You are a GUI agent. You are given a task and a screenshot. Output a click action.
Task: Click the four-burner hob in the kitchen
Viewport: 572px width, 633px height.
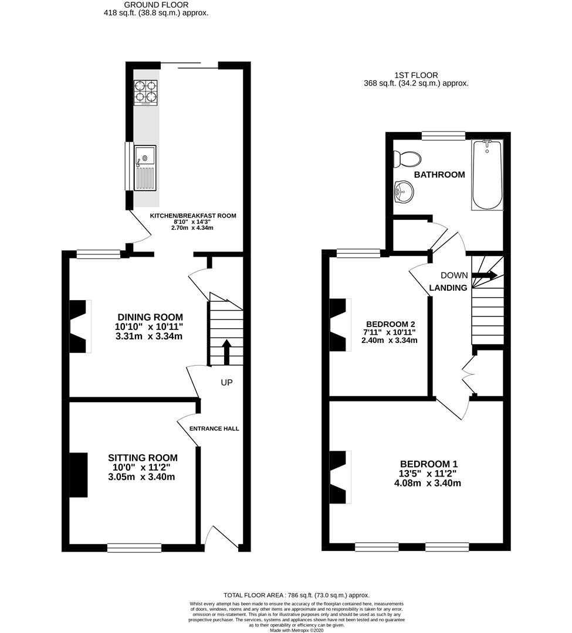145,93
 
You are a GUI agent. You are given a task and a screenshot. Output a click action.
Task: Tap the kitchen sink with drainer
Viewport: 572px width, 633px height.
145,168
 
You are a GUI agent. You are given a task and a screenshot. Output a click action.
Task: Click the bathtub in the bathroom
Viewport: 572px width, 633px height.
488,175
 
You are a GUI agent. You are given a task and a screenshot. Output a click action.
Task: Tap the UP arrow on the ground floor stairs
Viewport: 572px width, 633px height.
226,352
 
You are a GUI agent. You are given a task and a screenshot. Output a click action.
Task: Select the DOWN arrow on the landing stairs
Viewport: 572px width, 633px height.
485,275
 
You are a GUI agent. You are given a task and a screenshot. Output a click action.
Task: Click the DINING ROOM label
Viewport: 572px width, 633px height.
150,317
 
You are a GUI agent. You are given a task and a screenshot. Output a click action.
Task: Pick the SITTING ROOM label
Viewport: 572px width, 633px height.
143,458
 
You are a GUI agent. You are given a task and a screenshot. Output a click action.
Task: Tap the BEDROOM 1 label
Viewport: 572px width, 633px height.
429,464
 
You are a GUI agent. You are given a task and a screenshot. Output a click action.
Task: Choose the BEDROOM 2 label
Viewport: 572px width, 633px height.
390,324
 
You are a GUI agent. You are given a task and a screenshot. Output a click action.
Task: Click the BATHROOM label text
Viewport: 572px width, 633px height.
439,175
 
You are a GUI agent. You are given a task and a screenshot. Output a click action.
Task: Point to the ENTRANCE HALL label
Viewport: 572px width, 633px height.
214,428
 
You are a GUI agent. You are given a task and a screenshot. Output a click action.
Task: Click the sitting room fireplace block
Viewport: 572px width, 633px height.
79,475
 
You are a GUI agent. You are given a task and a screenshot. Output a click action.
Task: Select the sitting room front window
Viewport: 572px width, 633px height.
134,548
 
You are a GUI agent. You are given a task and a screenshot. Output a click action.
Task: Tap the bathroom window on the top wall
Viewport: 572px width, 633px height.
444,136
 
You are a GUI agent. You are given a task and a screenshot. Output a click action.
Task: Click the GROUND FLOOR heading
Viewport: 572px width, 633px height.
156,5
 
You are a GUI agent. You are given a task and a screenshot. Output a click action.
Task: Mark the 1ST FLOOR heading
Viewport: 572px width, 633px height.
416,75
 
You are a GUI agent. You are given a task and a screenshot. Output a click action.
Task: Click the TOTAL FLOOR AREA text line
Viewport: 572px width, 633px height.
296,595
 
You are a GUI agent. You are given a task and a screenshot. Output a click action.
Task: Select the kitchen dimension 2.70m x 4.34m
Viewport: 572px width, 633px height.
192,228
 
